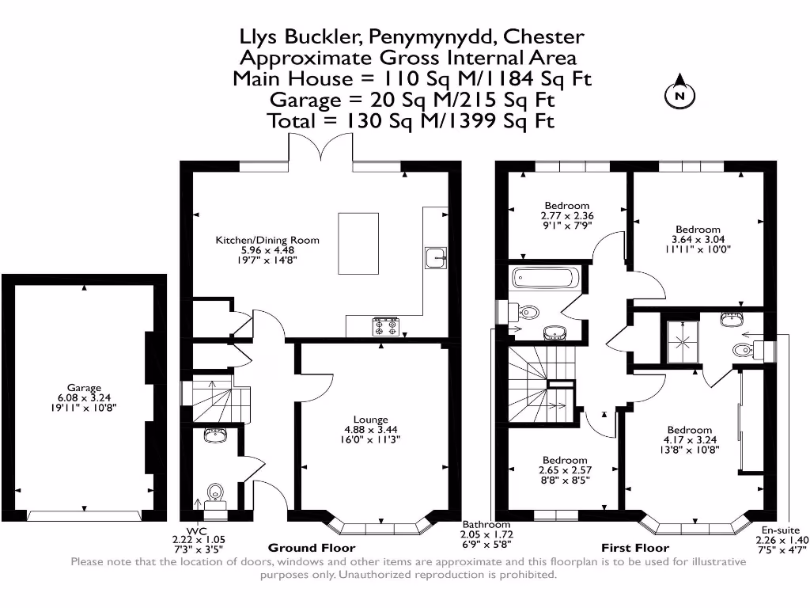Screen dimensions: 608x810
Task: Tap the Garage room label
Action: (84, 388)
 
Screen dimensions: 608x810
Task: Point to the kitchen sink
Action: (435, 257)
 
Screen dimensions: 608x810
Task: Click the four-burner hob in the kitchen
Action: (385, 325)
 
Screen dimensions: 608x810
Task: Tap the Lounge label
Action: (370, 420)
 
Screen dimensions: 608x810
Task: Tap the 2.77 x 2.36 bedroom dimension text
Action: (566, 215)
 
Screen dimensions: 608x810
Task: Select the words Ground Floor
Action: (312, 548)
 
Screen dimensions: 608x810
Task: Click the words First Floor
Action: (636, 548)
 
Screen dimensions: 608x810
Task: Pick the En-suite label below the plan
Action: (780, 530)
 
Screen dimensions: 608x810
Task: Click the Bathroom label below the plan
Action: (486, 525)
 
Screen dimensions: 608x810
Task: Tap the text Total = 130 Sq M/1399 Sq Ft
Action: (411, 121)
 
